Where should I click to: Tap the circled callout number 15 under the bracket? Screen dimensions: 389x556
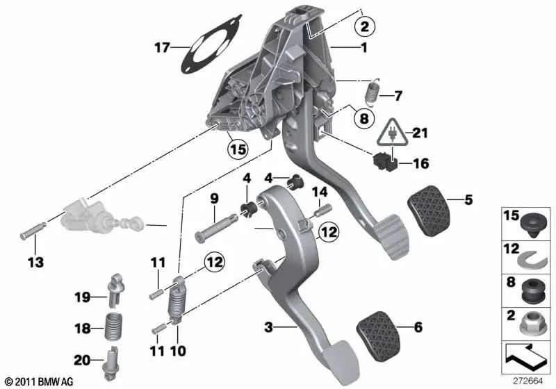(238, 149)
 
